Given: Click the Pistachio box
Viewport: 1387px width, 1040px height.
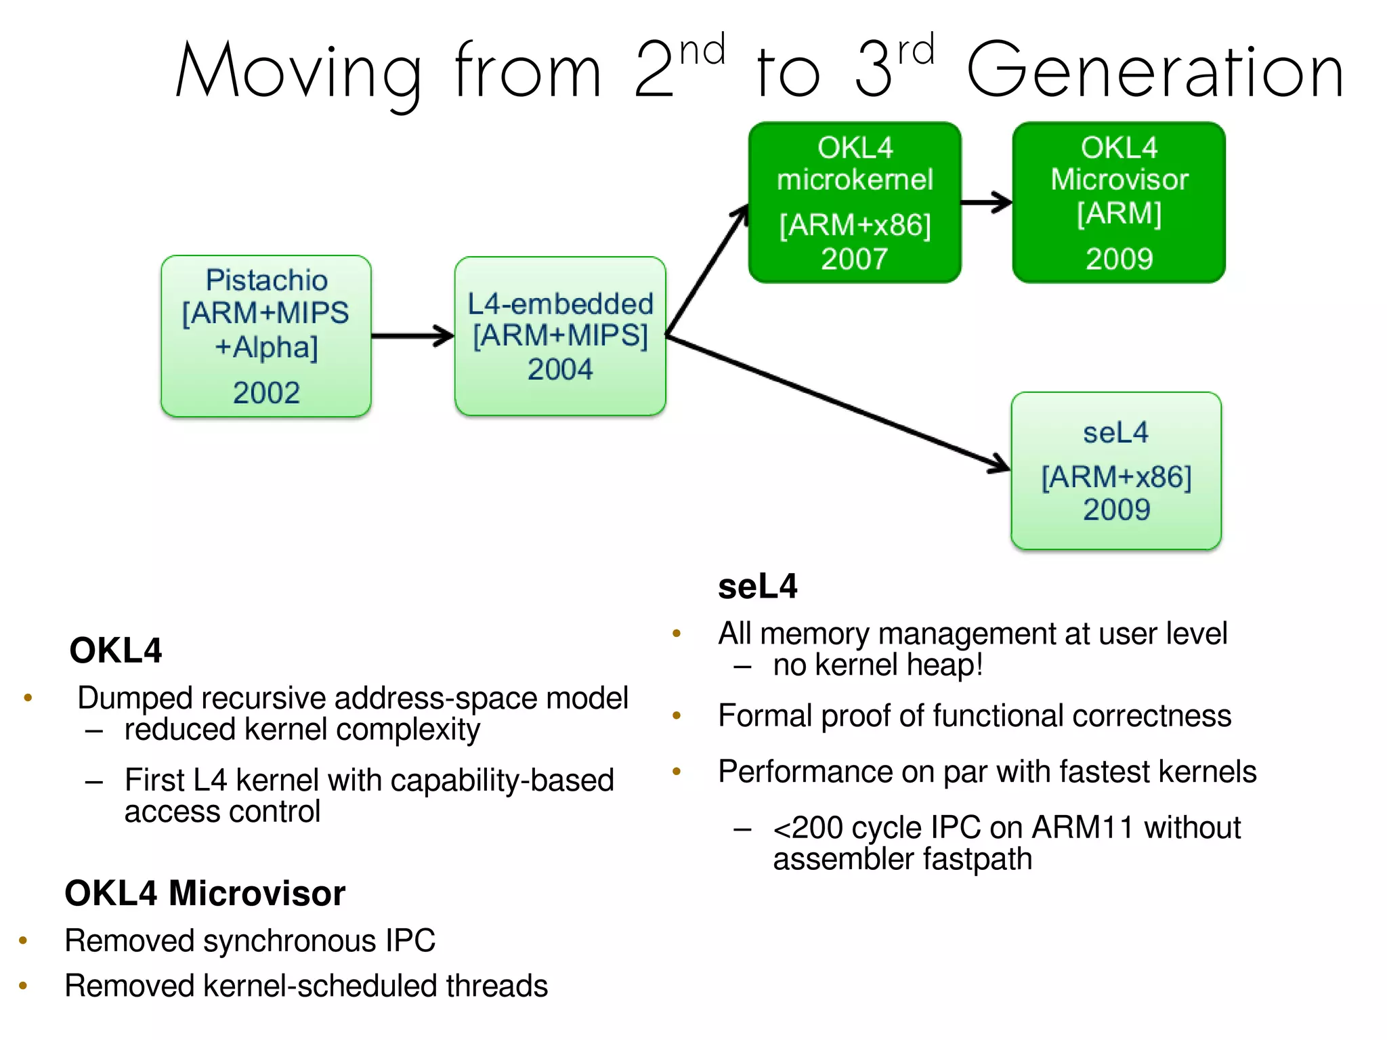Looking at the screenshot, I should [x=266, y=335].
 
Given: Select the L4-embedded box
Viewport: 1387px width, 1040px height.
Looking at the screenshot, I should [x=560, y=335].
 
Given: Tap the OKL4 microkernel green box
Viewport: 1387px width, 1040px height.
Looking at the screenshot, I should [x=855, y=202].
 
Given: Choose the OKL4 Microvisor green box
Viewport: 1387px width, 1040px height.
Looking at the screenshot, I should [x=1119, y=202].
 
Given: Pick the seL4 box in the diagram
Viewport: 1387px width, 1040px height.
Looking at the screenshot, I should [x=1116, y=470].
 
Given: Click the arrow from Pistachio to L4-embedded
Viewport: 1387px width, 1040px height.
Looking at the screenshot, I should [x=412, y=335].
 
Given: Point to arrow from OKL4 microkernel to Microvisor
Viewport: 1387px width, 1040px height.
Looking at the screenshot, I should [x=986, y=202].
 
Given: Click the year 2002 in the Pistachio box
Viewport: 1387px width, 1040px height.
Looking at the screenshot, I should [x=266, y=393].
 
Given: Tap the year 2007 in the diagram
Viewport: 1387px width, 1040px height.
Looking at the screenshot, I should [x=855, y=259].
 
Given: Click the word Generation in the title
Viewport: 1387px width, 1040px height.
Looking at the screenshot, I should [x=1154, y=71].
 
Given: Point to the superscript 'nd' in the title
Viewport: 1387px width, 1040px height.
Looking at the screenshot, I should [x=702, y=51].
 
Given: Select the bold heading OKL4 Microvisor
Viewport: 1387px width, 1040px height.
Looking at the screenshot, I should [x=205, y=893].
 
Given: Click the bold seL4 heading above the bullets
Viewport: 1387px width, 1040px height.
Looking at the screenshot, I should [x=757, y=586].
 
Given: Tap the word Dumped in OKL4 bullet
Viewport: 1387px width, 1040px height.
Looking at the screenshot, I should [x=135, y=699].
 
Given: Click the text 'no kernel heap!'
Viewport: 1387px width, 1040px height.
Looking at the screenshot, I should [x=878, y=665].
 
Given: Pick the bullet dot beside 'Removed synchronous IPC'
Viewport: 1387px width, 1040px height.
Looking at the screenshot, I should [x=23, y=940].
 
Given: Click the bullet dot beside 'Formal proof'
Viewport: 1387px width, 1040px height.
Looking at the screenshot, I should [x=676, y=715].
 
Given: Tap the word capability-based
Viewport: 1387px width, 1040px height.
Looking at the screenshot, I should [x=502, y=781].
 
